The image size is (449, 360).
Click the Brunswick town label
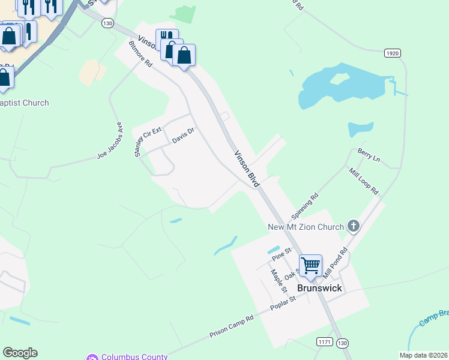pyautogui.click(x=319, y=288)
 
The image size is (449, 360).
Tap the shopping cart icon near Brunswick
pyautogui.click(x=310, y=265)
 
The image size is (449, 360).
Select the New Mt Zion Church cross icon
pyautogui.click(x=354, y=226)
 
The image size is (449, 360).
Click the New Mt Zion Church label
pyautogui.click(x=306, y=226)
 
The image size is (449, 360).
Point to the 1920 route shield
pyautogui.click(x=393, y=53)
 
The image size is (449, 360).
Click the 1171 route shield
pyautogui.click(x=324, y=341)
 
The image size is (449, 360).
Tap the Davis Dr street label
pyautogui.click(x=184, y=136)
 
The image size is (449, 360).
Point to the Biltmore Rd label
pyautogui.click(x=141, y=53)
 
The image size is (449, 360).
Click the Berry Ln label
pyautogui.click(x=369, y=155)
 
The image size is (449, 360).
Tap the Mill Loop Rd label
pyautogui.click(x=364, y=181)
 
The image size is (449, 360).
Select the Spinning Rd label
pyautogui.click(x=304, y=206)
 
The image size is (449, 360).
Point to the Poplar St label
pyautogui.click(x=283, y=304)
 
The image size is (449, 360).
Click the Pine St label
pyautogui.click(x=281, y=254)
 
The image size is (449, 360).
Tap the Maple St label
pyautogui.click(x=279, y=280)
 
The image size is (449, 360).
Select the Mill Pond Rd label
pyautogui.click(x=336, y=262)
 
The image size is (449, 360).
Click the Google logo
pyautogui.click(x=20, y=353)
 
